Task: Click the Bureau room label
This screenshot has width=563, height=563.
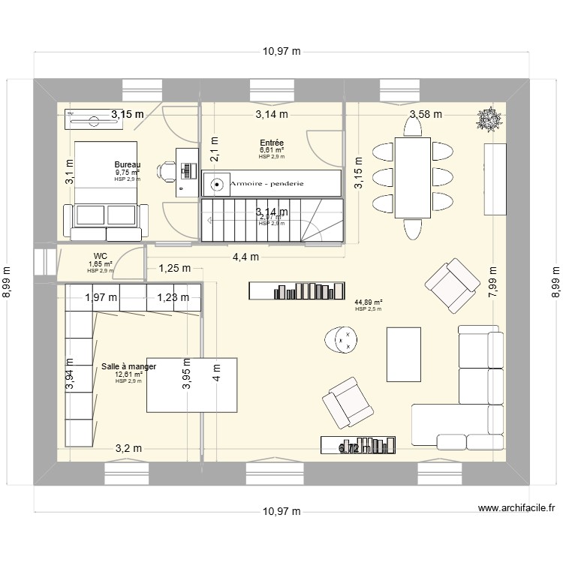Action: [x=127, y=164]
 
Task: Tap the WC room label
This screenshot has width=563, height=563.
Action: [x=100, y=256]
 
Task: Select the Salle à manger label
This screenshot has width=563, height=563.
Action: [x=129, y=366]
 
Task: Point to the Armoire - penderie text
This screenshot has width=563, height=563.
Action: [x=272, y=183]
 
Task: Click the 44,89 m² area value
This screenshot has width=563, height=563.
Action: [x=369, y=302]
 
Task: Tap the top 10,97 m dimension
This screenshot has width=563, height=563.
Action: [x=281, y=52]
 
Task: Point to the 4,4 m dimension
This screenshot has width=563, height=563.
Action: [x=245, y=256]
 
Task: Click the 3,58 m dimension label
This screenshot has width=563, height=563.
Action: [x=426, y=114]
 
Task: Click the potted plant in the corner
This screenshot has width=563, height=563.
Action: [x=489, y=118]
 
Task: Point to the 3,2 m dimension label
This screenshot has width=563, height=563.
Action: [x=128, y=449]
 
